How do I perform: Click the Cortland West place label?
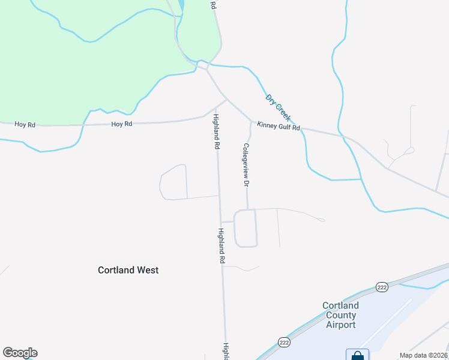128,270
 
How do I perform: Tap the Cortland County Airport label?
341,315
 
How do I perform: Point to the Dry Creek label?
278,108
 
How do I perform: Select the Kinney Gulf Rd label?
278,126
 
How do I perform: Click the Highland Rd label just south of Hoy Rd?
216,131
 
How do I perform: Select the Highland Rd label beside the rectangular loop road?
221,246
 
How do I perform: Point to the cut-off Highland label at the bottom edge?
226,351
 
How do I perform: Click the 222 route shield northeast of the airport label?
382,287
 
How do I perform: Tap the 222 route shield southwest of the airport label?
283,342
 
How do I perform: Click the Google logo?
20,353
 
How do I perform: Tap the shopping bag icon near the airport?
358,356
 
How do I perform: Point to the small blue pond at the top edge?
181,7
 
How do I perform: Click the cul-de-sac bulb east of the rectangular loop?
322,220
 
